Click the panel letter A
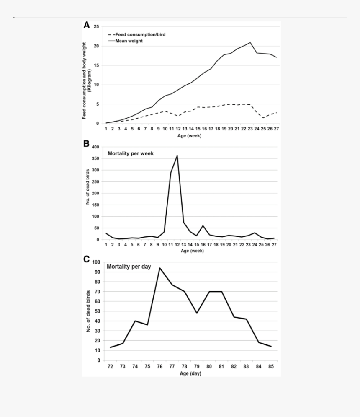87,25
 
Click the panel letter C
87,259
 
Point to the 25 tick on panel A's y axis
96,27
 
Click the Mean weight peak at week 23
250,42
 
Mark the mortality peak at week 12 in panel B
177,156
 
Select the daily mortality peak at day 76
160,268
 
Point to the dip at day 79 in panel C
197,313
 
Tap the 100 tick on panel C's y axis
96,262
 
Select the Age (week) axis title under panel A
190,136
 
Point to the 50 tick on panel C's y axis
98,311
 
